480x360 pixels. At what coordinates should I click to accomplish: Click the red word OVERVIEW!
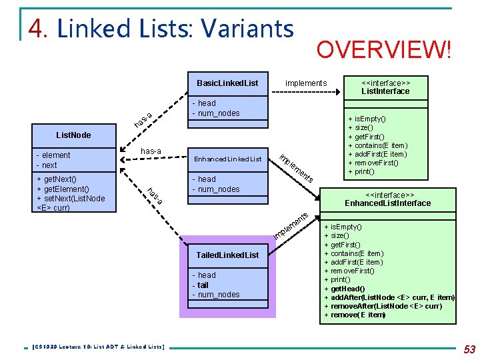[383, 49]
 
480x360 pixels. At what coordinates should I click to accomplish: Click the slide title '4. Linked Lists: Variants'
[161, 29]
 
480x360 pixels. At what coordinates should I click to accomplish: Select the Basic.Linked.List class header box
[227, 83]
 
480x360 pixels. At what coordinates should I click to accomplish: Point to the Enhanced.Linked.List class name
[227, 159]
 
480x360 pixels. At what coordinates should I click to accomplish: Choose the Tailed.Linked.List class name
[227, 255]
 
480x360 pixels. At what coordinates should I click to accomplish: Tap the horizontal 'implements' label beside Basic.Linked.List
[306, 83]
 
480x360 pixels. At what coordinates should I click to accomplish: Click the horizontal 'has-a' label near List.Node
[151, 151]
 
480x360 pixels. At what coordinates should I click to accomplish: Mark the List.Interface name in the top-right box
[385, 91]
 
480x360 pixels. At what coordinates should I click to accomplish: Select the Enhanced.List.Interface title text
[387, 203]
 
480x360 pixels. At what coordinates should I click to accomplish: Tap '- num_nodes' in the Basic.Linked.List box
[216, 113]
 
